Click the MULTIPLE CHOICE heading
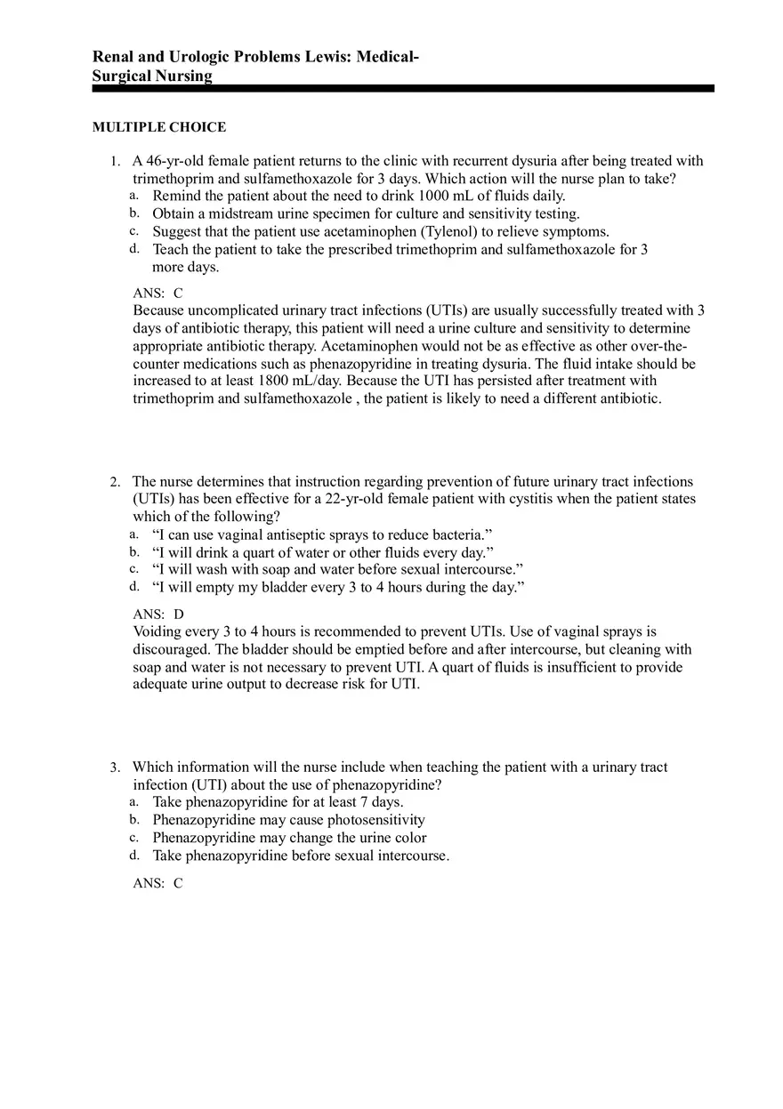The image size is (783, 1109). click(159, 127)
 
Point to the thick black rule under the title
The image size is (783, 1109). click(403, 89)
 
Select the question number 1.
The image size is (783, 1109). click(115, 162)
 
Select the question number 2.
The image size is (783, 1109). click(115, 482)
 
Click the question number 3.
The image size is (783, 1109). click(115, 767)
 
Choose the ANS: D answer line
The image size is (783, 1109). click(158, 615)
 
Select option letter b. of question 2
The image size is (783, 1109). click(133, 552)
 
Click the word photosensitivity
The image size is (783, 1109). click(376, 820)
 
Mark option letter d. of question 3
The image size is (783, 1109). click(133, 856)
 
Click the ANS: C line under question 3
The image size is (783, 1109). click(158, 884)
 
